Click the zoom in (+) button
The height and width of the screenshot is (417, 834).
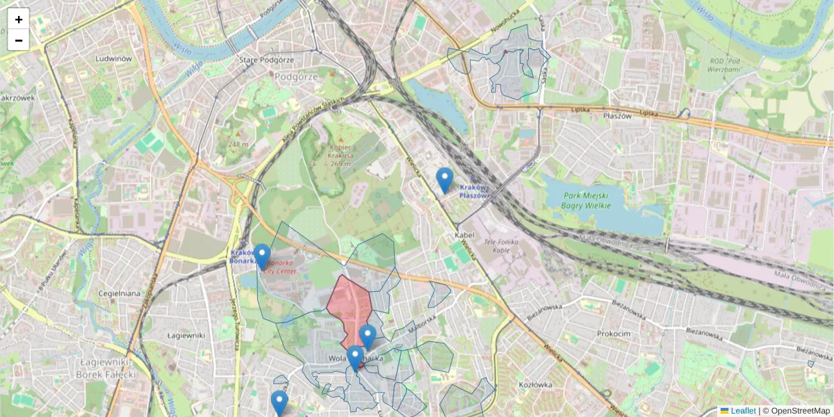point(19,19)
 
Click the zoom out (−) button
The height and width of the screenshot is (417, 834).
point(19,40)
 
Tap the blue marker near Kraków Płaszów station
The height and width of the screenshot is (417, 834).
point(444,180)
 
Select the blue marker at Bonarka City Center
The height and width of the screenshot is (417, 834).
point(262,256)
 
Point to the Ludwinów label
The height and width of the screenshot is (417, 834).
point(115,59)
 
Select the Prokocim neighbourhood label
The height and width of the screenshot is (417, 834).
point(613,334)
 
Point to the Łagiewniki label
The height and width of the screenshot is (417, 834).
point(186,335)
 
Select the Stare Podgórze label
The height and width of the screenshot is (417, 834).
point(258,60)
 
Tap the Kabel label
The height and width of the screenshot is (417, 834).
point(464,235)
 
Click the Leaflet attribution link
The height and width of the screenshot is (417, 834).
point(742,411)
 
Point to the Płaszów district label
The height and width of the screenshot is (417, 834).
point(617,116)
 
